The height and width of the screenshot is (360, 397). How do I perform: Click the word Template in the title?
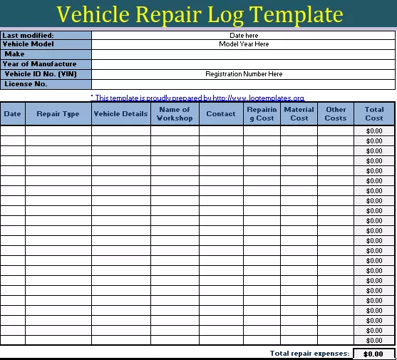294,14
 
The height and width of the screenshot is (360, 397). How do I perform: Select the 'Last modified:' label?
28,35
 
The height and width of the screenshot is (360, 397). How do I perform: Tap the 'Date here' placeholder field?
244,35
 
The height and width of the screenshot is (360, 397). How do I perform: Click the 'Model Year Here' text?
244,44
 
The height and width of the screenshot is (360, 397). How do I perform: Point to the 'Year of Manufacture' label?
39,64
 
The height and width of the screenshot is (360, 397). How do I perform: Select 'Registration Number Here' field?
244,74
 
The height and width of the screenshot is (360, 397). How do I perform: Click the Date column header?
13,114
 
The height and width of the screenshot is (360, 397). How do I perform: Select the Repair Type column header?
58,114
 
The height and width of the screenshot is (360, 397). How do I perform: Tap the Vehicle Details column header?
120,114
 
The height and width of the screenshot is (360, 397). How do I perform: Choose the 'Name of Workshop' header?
175,114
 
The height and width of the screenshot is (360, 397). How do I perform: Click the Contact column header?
221,114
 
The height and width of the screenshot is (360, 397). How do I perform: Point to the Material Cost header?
299,114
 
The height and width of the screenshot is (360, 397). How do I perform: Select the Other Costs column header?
336,114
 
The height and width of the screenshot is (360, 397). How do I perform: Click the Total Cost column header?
374,114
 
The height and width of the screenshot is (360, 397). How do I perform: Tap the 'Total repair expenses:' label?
309,354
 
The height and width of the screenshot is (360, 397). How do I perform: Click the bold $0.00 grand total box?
373,354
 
